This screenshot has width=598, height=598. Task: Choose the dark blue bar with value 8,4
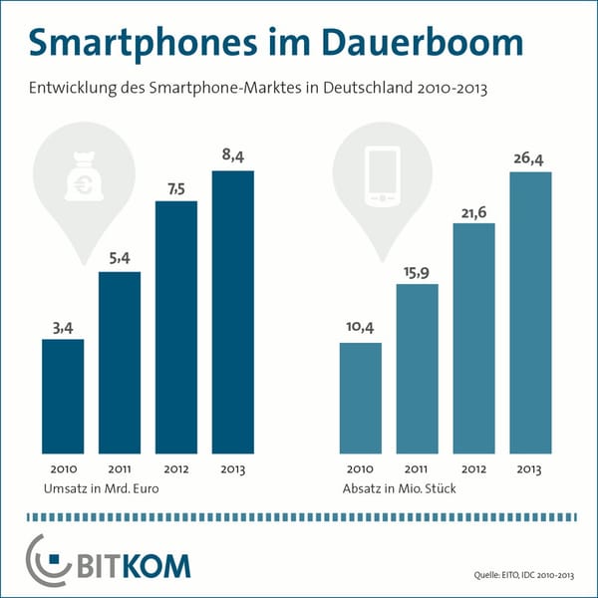pos(233,313)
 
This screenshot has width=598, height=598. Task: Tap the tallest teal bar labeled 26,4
pos(531,313)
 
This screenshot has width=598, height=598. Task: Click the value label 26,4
pos(531,156)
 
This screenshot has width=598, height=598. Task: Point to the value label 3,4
pos(62,325)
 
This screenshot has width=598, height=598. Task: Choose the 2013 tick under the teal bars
pos(531,469)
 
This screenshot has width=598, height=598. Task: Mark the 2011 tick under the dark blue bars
pos(119,469)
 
